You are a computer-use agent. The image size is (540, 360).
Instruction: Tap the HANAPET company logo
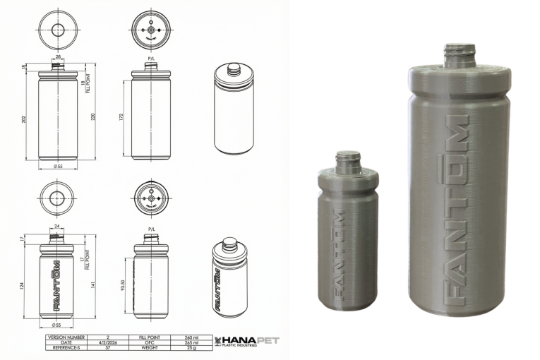246,342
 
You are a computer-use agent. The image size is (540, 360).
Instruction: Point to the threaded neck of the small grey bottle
347,162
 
